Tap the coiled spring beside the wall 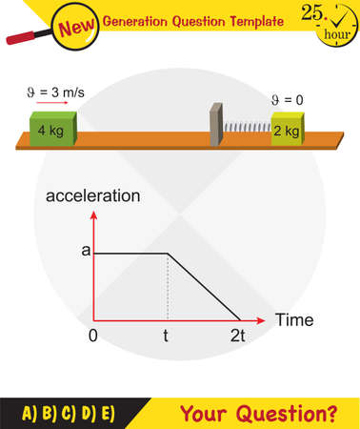(x=246, y=128)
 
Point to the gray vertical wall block (x=215, y=123)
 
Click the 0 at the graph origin (x=94, y=337)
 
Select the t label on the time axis (x=166, y=337)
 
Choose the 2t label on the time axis (x=238, y=337)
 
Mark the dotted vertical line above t (x=167, y=286)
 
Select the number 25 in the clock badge (x=310, y=13)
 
